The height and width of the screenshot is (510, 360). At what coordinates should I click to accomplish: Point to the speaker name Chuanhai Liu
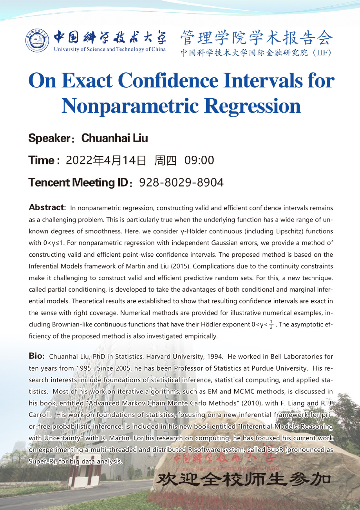coord(114,139)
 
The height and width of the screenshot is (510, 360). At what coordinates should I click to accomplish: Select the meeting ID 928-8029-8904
coord(181,182)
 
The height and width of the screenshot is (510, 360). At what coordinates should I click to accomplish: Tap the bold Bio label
coord(37,356)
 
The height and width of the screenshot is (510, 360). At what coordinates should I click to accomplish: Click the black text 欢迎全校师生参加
coord(243,479)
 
